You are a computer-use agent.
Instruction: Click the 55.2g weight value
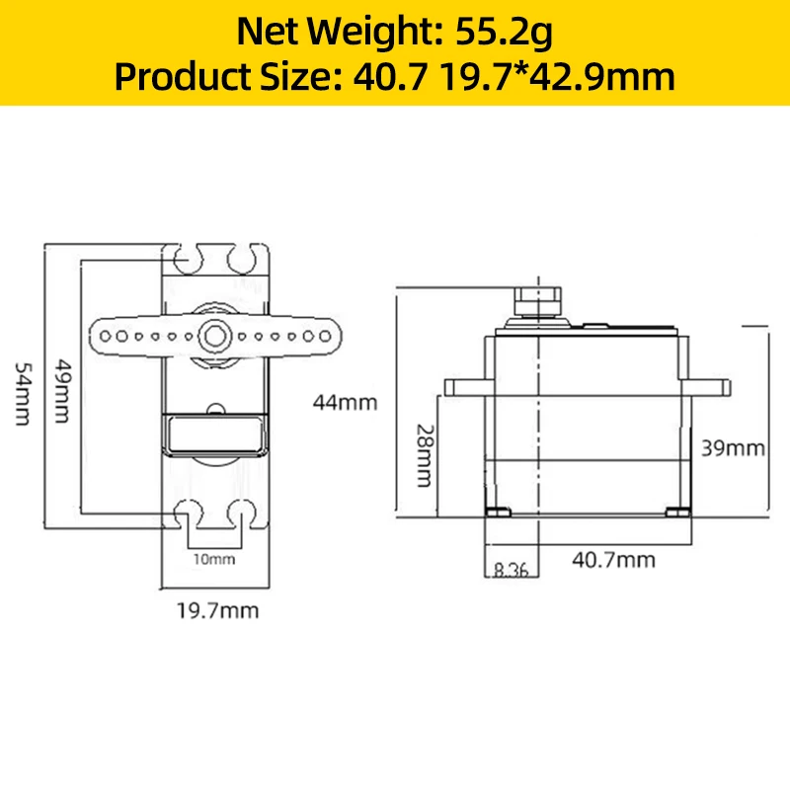[x=504, y=33]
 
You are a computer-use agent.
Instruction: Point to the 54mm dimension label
[x=23, y=394]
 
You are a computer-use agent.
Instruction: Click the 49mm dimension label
[x=63, y=390]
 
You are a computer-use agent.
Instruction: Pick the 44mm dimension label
[x=345, y=403]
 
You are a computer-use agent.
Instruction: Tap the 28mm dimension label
[x=425, y=455]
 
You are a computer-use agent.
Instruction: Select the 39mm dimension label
[x=733, y=448]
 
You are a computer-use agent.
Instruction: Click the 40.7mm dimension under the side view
[x=613, y=560]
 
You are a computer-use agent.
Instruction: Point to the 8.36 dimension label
[x=511, y=570]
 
